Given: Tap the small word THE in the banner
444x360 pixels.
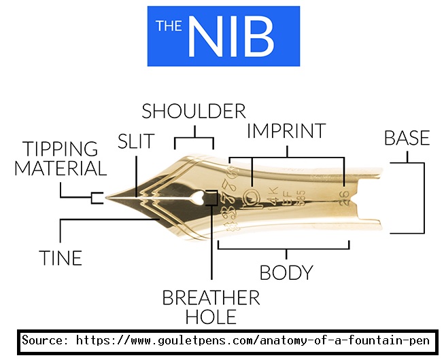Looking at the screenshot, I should pos(169,26).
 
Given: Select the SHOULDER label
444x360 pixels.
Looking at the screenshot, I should pos(194,111).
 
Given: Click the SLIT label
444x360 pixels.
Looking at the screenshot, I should pos(136,141).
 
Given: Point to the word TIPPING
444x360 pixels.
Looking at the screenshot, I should pos(61,149).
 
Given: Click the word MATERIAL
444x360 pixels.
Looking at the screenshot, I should pos(61,168).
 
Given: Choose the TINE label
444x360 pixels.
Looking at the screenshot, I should pos(60,258).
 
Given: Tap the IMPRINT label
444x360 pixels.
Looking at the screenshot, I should pos(286,130).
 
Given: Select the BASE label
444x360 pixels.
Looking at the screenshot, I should pos(407,138).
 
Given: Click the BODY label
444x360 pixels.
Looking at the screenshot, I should pos(286,272).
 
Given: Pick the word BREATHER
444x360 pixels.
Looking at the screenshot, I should pos(211,298).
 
